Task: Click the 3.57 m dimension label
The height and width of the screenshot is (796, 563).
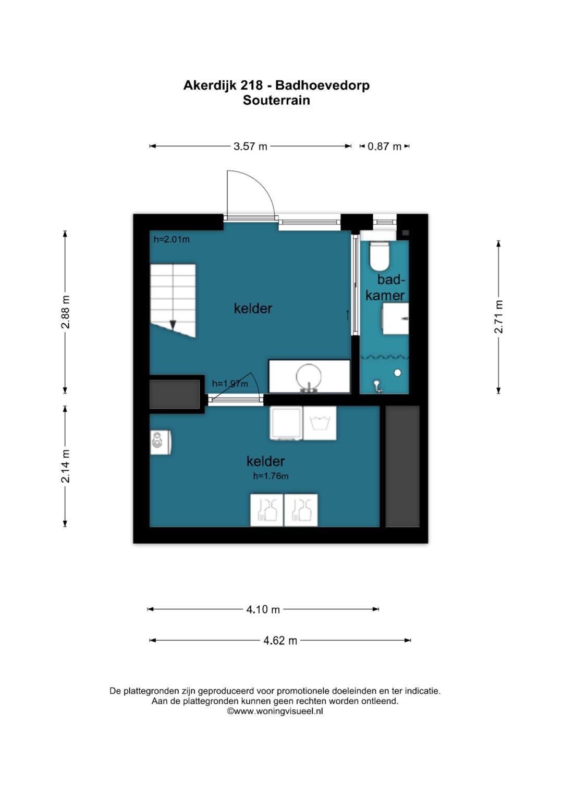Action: (250, 146)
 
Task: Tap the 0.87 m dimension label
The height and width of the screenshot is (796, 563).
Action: (384, 146)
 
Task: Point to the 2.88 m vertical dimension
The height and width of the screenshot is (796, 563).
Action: (65, 312)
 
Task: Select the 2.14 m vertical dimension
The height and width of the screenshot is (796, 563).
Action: (65, 466)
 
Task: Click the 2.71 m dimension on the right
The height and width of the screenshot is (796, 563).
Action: (499, 316)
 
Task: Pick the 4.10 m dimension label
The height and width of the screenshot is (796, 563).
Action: (263, 609)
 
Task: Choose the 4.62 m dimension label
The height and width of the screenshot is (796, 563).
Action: (280, 640)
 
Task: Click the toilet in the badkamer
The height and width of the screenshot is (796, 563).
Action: (380, 255)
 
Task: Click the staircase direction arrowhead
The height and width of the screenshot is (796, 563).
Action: (173, 325)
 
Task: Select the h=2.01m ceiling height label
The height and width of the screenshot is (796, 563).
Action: (172, 239)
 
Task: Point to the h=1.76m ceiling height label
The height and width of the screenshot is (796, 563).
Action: (271, 476)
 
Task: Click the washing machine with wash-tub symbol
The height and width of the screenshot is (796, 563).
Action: (320, 423)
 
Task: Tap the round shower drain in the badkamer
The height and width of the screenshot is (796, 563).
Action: (398, 373)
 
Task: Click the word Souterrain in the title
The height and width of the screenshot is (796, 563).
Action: (276, 100)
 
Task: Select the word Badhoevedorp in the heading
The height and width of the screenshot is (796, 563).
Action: (323, 85)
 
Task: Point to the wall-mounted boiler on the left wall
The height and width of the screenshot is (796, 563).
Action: (161, 443)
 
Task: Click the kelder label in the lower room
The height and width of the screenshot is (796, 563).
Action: (265, 461)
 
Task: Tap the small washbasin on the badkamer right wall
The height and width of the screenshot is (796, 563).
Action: (395, 319)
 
